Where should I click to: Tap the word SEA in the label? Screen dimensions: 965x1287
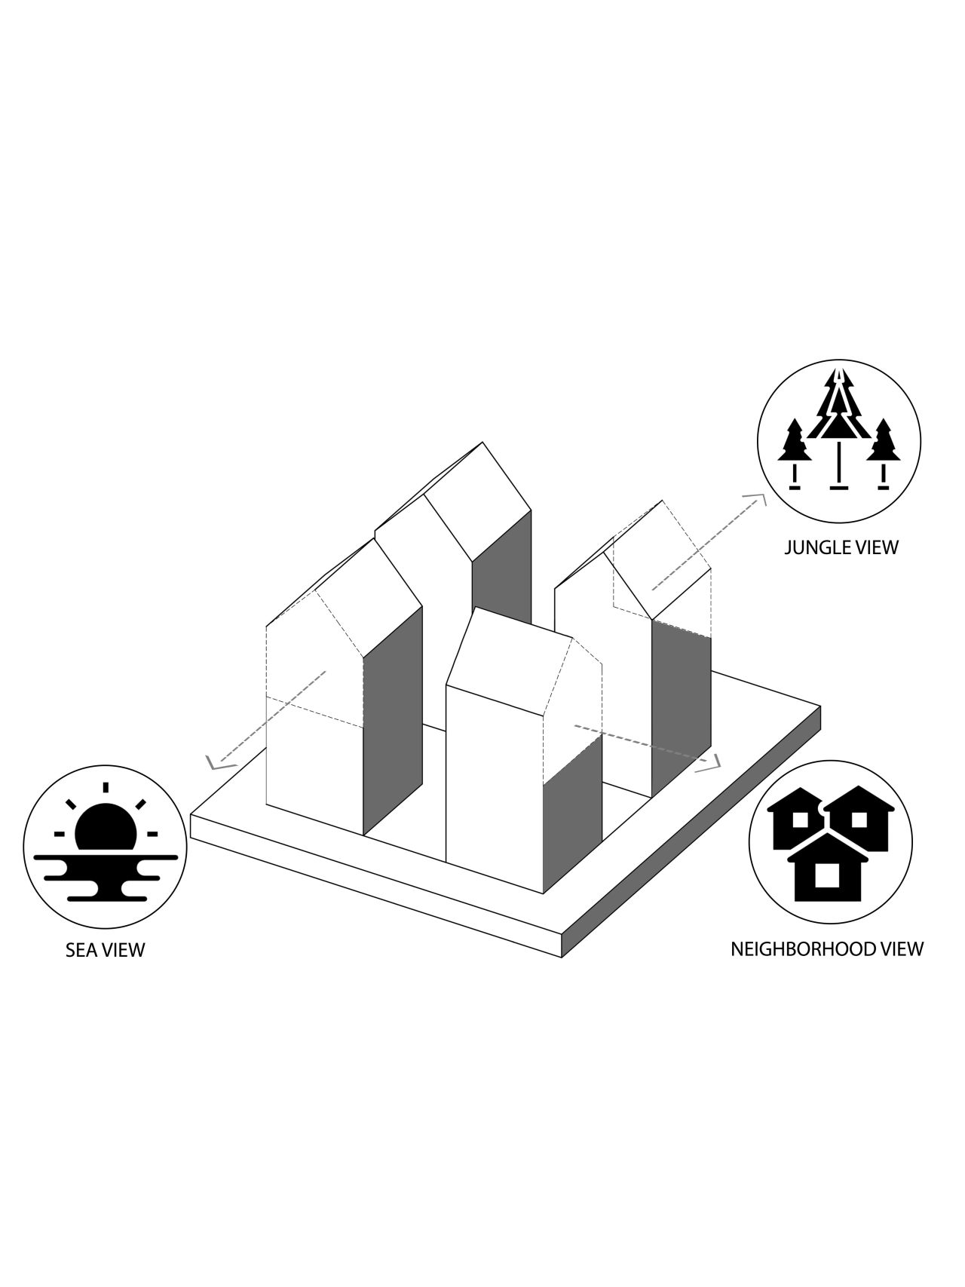81,949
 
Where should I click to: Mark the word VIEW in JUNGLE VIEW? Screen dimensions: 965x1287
877,547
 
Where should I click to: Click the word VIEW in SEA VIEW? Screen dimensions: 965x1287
123,949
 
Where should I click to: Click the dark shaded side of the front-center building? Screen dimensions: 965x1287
573,814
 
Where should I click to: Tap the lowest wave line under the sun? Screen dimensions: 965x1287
106,897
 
